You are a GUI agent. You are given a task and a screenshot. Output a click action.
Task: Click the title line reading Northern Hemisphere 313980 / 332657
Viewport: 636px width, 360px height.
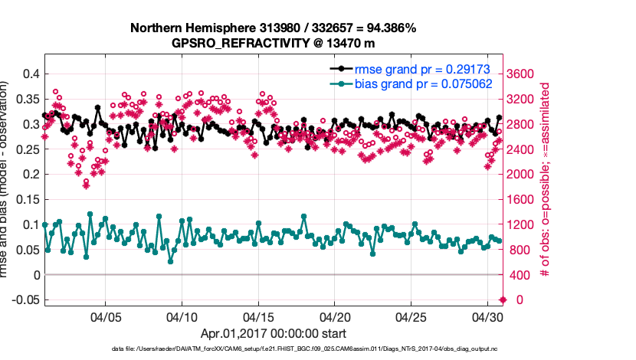pos(273,28)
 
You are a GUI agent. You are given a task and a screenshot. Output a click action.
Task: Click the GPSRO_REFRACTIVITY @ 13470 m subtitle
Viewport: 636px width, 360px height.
pos(273,43)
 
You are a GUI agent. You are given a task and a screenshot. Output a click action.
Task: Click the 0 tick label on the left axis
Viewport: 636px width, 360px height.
pos(34,274)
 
